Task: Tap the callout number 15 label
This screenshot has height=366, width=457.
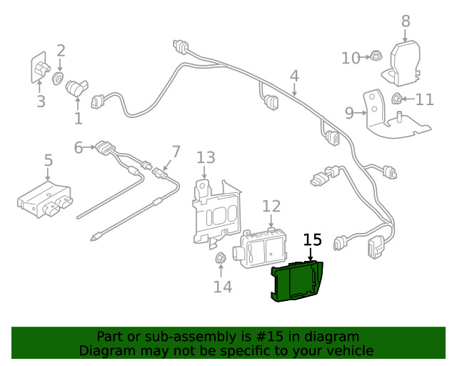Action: [x=313, y=240]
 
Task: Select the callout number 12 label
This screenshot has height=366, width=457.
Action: [x=271, y=207]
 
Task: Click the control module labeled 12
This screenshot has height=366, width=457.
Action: [x=263, y=248]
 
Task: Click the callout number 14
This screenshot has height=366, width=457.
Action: [x=223, y=287]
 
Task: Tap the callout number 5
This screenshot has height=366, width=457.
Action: [x=48, y=160]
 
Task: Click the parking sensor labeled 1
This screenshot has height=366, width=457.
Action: [x=76, y=89]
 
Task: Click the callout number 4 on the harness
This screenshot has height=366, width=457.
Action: [x=294, y=76]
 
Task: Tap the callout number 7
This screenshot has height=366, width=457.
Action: [x=176, y=152]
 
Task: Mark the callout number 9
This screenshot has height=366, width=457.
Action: [x=349, y=112]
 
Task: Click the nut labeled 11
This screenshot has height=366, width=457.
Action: [x=398, y=99]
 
